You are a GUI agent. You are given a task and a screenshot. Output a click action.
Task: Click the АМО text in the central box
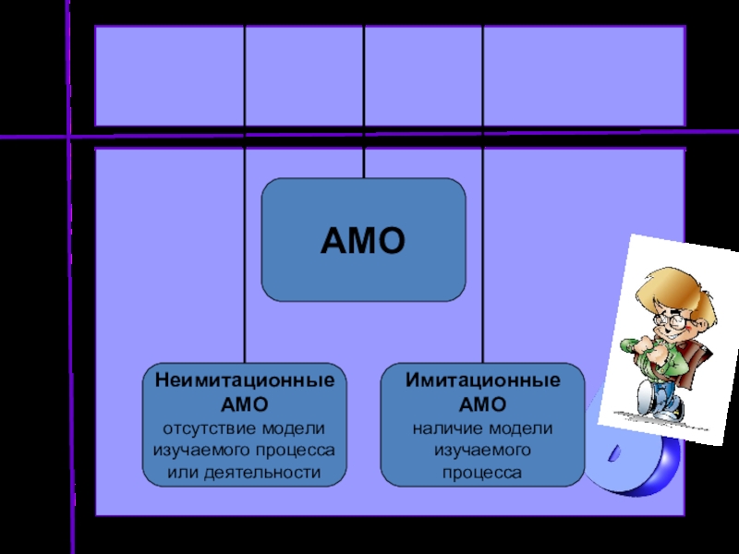[x=363, y=242]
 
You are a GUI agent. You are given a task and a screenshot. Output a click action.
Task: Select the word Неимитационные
[x=244, y=380]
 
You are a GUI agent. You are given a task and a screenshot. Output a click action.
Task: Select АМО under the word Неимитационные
[x=244, y=404]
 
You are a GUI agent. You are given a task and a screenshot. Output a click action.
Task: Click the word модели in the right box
[x=521, y=428]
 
